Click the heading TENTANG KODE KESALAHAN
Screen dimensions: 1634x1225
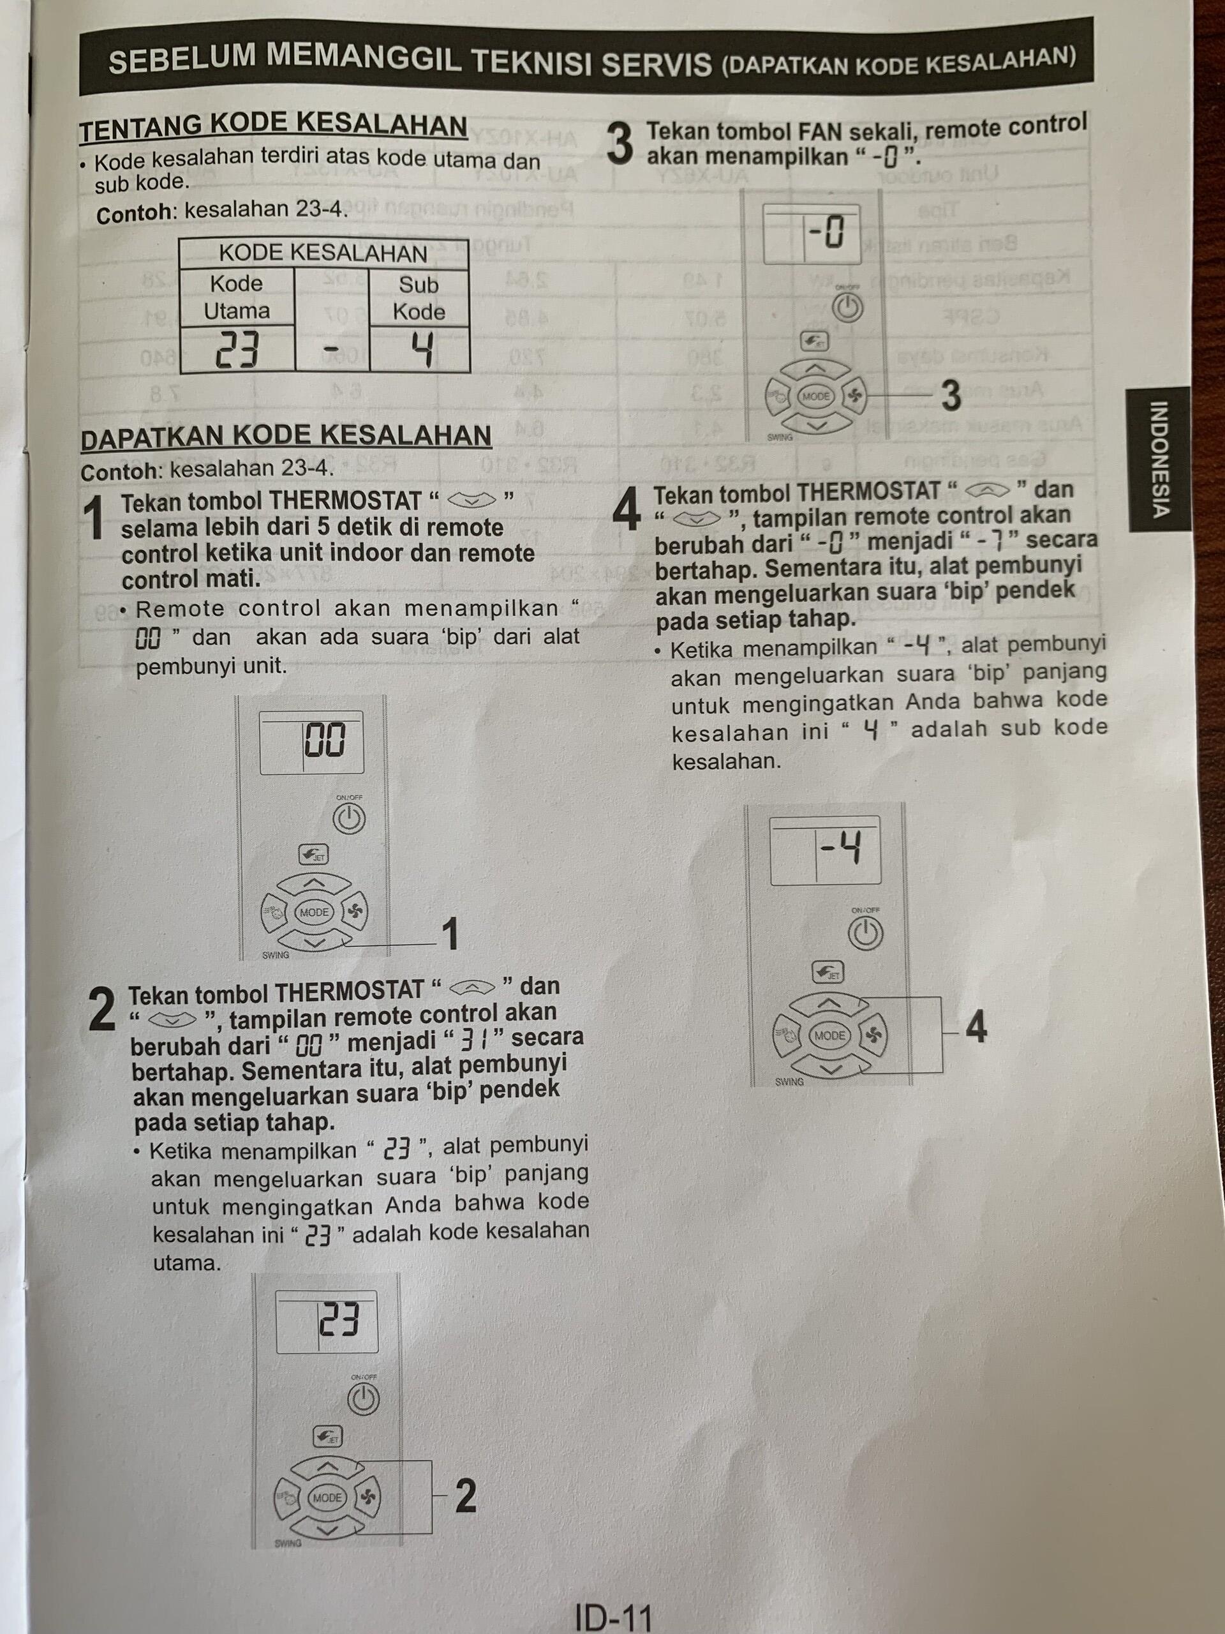coord(273,128)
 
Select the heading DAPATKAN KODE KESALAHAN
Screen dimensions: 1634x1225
coord(285,437)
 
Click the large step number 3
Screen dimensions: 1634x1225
coord(620,145)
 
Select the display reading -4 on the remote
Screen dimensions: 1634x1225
coord(840,850)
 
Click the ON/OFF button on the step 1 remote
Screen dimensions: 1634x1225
coord(348,818)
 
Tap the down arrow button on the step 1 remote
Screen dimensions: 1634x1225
coord(315,943)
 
